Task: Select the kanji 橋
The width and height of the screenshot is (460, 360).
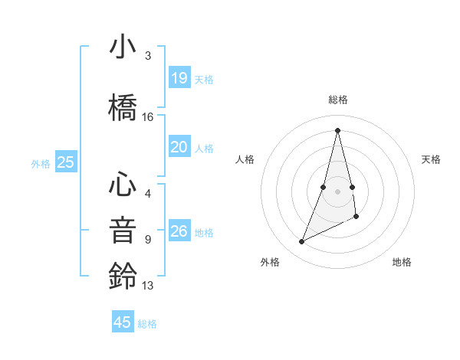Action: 123,108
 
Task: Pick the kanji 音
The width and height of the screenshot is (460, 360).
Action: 123,230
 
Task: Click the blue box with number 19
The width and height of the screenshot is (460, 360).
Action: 179,78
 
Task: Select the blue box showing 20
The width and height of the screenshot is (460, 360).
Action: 179,147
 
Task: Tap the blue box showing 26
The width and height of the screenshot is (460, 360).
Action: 179,231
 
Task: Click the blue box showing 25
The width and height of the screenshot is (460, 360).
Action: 65,162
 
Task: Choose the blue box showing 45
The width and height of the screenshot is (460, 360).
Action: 123,322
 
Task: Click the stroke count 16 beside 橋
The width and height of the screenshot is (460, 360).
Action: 148,117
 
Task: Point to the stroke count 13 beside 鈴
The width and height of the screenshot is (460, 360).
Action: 148,286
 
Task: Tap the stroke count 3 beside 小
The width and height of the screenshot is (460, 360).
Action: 148,56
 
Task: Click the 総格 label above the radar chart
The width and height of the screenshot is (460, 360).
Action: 337,100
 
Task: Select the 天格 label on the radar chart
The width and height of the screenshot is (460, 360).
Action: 432,159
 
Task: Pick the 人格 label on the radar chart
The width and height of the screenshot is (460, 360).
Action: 245,159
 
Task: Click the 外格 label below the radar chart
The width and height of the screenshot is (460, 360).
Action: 270,262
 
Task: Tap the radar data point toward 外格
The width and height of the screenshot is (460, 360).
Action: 301,242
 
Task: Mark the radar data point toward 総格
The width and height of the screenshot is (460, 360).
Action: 337,130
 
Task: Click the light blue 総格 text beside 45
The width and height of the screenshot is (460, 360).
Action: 147,324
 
